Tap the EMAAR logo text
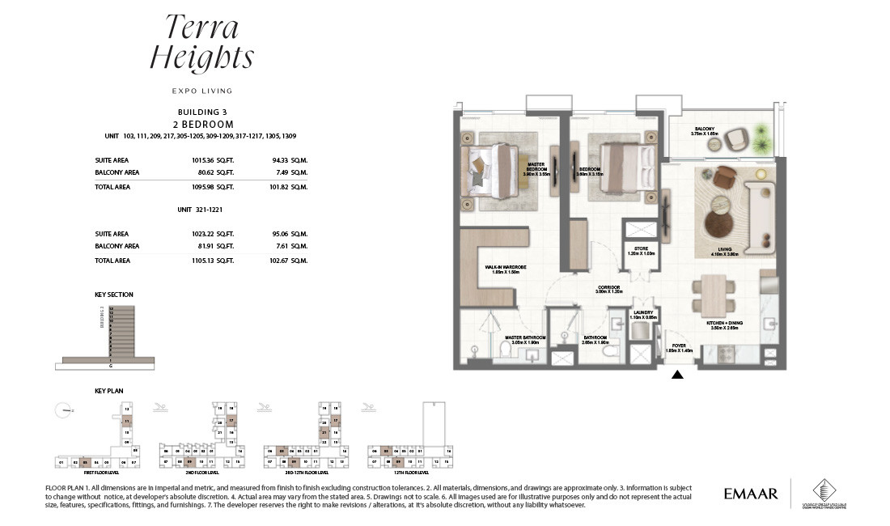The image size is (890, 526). coord(751,493)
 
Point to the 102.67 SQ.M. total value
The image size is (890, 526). coord(288,261)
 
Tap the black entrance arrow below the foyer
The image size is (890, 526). coord(677,374)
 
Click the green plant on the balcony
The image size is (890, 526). coord(761,138)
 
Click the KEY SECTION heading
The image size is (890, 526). coord(114,295)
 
